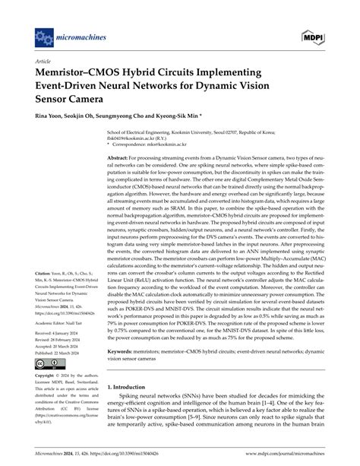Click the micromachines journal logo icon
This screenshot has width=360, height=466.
tap(43, 36)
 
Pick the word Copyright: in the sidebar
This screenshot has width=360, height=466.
tap(48, 376)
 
